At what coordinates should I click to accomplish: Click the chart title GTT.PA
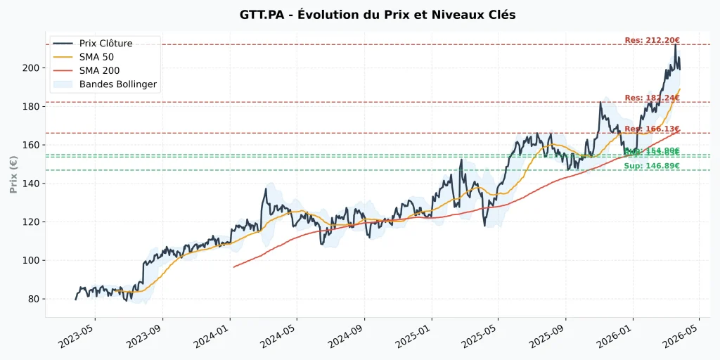pyautogui.click(x=359, y=15)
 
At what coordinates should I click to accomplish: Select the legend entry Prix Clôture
pyautogui.click(x=105, y=44)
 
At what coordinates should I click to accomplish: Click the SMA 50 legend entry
pyautogui.click(x=99, y=57)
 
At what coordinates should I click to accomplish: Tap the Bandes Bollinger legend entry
pyautogui.click(x=118, y=84)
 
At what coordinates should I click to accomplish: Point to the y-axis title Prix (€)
pyautogui.click(x=13, y=174)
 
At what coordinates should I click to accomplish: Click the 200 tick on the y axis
pyautogui.click(x=32, y=68)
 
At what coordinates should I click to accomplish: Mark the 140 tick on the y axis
pyautogui.click(x=32, y=184)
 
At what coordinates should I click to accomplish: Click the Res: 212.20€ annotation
pyautogui.click(x=652, y=40)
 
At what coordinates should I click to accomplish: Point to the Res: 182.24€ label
pyautogui.click(x=652, y=98)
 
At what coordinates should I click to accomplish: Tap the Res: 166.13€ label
pyautogui.click(x=652, y=129)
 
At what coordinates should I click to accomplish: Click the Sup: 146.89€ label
pyautogui.click(x=652, y=166)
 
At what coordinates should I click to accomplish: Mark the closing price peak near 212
pyautogui.click(x=676, y=45)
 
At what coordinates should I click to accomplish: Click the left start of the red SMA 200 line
pyautogui.click(x=234, y=267)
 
